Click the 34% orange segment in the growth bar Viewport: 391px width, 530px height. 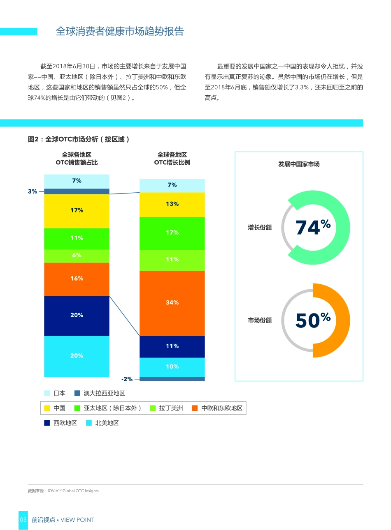(172, 303)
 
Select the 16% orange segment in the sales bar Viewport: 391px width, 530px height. (77, 279)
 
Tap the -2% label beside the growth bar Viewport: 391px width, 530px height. (127, 379)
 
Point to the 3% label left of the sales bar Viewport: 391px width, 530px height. (33, 191)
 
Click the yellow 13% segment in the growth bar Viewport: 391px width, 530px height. (172, 204)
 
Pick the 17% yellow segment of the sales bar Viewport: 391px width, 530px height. (77, 211)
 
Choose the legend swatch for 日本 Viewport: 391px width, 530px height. (47, 393)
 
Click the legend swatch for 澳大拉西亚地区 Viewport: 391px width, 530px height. (77, 393)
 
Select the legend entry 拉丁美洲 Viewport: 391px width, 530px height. (171, 408)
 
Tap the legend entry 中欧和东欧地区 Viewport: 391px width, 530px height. (222, 408)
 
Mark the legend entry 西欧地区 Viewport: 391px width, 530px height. (65, 423)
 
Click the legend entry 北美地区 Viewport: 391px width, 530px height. (107, 423)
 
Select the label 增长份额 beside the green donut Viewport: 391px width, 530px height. (260, 227)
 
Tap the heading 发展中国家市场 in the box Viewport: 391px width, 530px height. (299, 164)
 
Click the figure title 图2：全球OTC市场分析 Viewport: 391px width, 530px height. (79, 139)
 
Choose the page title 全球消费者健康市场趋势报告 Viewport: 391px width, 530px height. (120, 32)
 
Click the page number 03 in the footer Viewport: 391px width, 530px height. (23, 520)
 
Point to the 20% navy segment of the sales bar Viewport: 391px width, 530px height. (77, 316)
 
